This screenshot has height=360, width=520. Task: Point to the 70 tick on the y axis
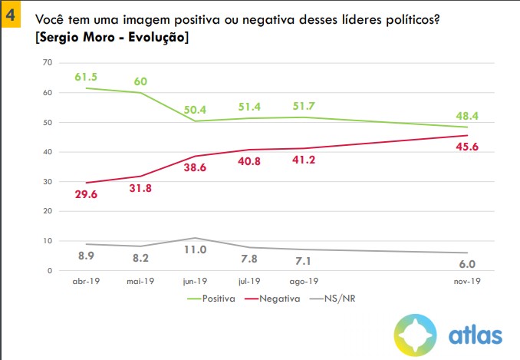coord(47,63)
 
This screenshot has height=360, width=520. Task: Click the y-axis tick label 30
coord(47,181)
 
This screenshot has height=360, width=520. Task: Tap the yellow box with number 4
coord(12,13)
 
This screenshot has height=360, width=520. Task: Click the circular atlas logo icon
coord(416,335)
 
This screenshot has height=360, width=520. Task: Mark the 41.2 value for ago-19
coord(303,162)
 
